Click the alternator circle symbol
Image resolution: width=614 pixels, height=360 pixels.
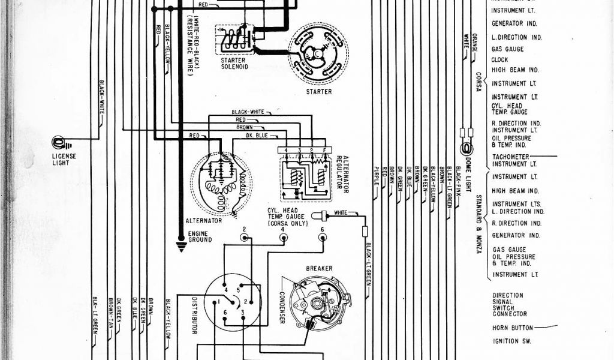tap(221, 182)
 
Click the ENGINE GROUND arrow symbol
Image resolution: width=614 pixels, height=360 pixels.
tap(180, 245)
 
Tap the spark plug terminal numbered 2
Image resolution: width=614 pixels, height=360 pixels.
tap(244, 238)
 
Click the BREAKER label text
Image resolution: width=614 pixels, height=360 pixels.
tap(319, 268)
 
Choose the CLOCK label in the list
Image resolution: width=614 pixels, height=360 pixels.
tap(499, 60)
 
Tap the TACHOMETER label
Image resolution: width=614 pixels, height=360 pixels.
tap(510, 157)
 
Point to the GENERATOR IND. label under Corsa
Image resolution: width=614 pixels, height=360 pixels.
tap(514, 24)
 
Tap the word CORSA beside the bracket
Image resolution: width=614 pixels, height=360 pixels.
tap(478, 82)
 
